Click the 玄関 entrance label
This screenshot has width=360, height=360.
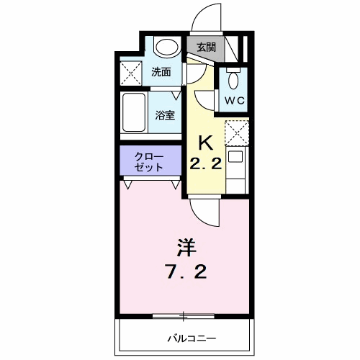tap(206, 48)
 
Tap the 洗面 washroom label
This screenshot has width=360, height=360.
tap(161, 72)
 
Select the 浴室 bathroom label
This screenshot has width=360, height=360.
tap(165, 115)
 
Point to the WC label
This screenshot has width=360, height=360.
tap(235, 100)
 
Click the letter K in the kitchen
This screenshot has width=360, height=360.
tap(206, 143)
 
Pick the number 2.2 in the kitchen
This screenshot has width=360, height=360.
tap(206, 164)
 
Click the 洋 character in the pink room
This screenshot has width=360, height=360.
tap(186, 248)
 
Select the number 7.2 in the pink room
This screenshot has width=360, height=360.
tap(186, 271)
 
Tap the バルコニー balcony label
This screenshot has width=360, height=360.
tap(192, 338)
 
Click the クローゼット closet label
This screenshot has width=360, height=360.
tap(149, 162)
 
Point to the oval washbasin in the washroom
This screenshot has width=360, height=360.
tap(167, 46)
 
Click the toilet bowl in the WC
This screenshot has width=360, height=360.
tap(233, 80)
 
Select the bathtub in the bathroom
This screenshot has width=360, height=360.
tap(134, 112)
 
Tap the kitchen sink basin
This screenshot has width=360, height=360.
tap(235, 157)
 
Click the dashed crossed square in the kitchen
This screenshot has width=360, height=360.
tap(237, 132)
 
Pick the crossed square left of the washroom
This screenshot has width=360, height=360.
tap(130, 73)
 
